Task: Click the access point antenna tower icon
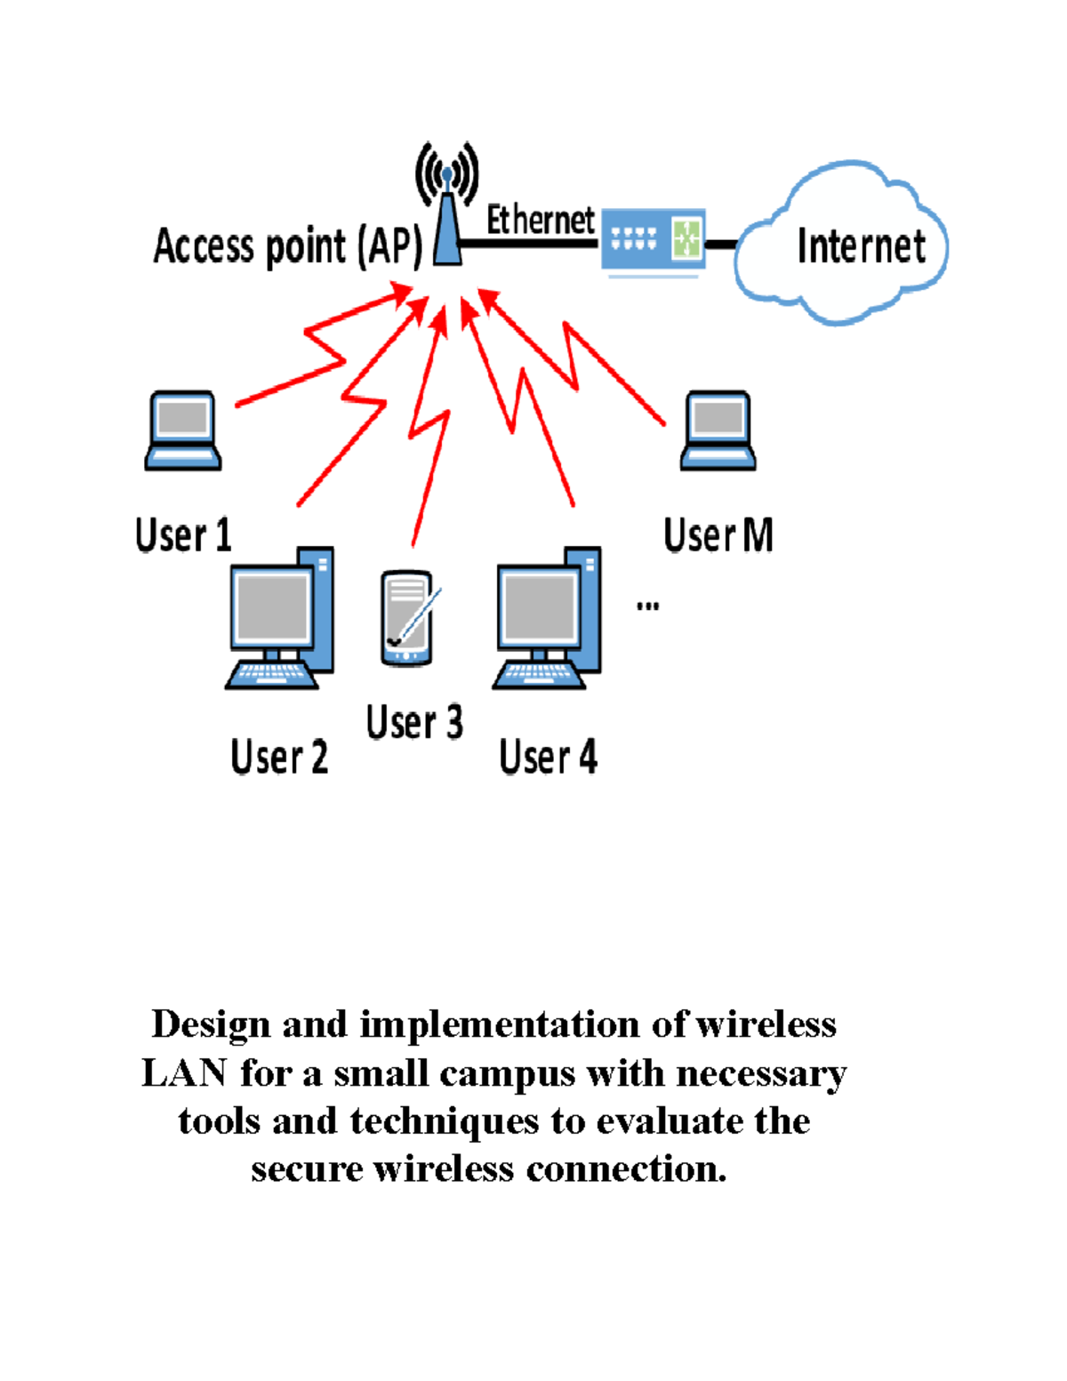(447, 213)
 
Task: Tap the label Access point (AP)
(287, 246)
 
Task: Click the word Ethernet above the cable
(540, 220)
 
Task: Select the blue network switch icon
(653, 239)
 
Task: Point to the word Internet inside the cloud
(861, 246)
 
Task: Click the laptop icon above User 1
(183, 430)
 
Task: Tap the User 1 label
(183, 535)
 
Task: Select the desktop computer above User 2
(280, 618)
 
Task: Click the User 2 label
(279, 758)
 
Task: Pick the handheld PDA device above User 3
(407, 618)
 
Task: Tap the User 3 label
(414, 722)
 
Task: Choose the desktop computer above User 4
(548, 618)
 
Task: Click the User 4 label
(548, 758)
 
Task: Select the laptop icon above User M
(718, 430)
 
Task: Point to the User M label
(718, 535)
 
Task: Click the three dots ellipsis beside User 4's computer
(647, 606)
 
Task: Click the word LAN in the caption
(184, 1073)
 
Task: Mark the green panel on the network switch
(686, 238)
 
